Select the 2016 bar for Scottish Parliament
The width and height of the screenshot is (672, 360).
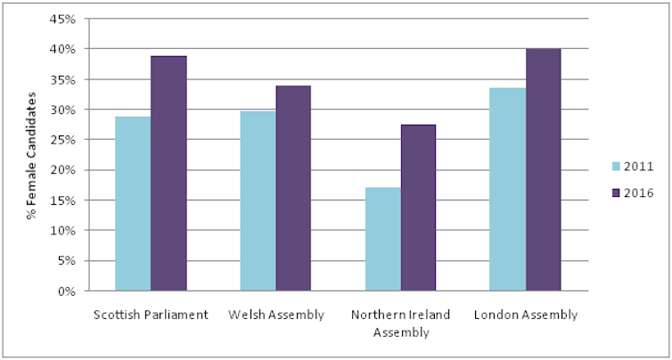[x=168, y=173]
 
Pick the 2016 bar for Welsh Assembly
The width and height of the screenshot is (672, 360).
[x=293, y=188]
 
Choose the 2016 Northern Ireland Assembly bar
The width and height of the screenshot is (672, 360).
[x=418, y=208]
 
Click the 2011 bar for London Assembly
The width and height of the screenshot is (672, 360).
[x=508, y=189]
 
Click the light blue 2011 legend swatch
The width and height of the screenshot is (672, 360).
[x=616, y=166]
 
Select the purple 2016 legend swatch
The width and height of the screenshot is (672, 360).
[x=616, y=192]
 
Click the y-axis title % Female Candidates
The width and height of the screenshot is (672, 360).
[x=32, y=155]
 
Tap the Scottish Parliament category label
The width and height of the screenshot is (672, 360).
[x=151, y=315]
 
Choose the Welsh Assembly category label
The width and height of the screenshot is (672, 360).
[x=275, y=315]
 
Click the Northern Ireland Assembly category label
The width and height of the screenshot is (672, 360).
[x=400, y=323]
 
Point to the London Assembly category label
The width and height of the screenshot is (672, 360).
[x=526, y=315]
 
